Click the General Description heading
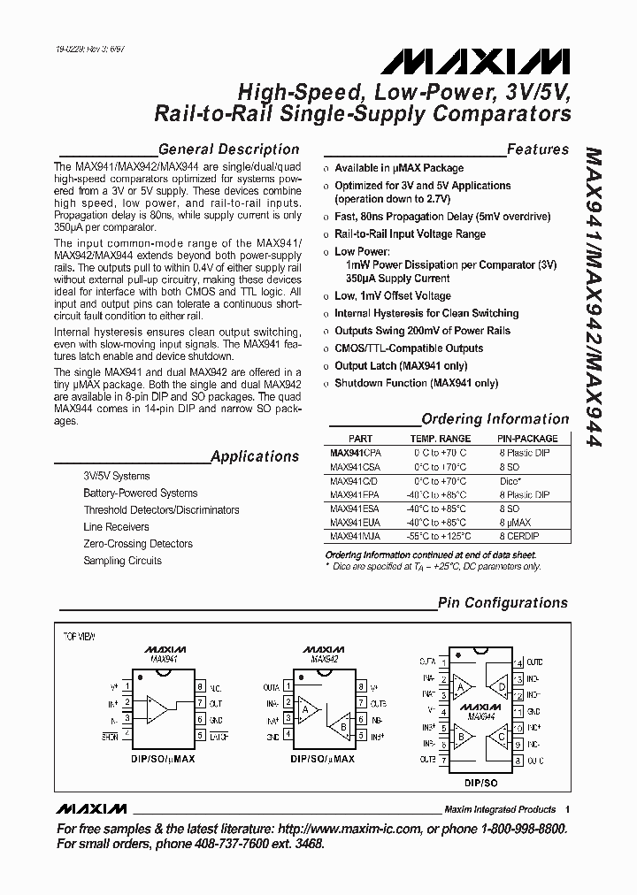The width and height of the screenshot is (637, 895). pos(228,149)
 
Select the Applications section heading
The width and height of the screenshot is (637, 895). pos(255,456)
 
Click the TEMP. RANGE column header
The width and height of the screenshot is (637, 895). pos(440,439)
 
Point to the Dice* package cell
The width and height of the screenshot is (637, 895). pos(511,480)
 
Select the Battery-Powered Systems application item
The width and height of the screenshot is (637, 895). pos(140,493)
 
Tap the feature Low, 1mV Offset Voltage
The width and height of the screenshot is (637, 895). pos(392,296)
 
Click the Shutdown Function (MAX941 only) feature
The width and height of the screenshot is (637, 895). pos(416,384)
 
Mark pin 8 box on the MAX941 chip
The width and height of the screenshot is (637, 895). pos(201,686)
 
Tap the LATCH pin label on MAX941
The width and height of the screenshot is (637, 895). pos(219,736)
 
